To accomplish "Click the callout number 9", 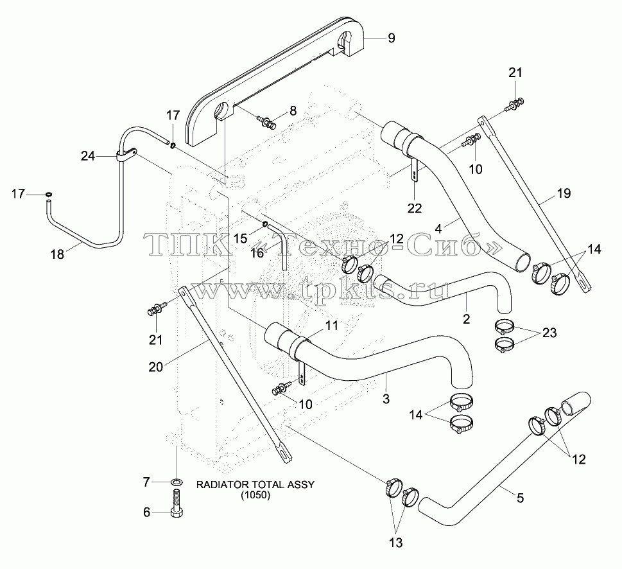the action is coord(391,38).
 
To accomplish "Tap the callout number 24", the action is coord(88,156).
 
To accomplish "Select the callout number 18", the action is coord(58,254).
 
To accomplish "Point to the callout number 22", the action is coord(415,208).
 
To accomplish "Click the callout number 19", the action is coord(564,193).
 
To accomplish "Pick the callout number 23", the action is coord(549,333).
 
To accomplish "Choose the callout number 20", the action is coord(155,367).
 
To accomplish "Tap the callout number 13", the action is coord(396,543).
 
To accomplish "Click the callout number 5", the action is coord(520,498).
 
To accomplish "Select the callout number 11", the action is coord(332,326).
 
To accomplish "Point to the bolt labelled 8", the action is coord(266,121).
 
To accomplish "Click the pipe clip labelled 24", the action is coord(126,155).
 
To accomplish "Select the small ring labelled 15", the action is coord(264,225).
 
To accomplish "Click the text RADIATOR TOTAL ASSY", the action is coord(255,484).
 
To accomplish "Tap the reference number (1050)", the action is coord(255,495).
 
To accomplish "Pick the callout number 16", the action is coord(257,253).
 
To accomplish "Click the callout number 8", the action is coord(293,110).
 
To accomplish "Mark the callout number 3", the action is coord(386,399).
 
